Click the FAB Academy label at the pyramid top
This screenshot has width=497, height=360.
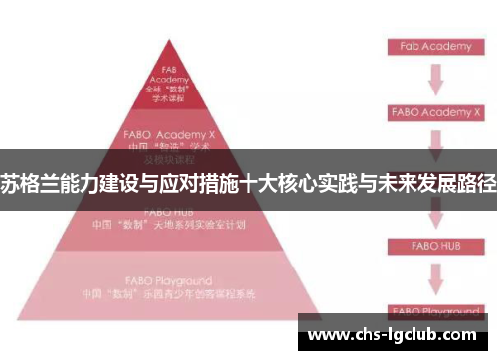(x=168, y=76)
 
